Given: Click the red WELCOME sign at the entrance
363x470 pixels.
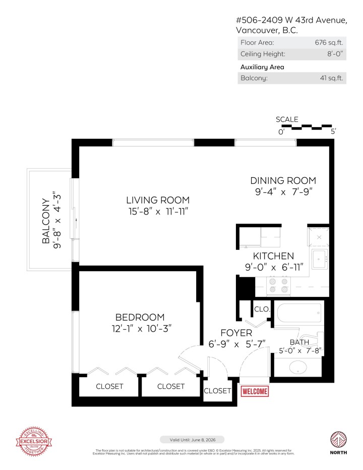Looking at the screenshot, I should pos(255,391).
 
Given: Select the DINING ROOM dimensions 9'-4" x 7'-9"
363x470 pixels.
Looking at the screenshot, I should pos(283,192).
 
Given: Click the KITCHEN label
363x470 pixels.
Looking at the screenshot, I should pos(273,256).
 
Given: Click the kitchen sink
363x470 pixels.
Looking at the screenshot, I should pos(319,259).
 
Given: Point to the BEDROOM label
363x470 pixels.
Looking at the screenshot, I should pos(140,317).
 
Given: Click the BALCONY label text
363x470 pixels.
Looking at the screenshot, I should pos(47,218).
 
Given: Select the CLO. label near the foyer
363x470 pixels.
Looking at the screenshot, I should pos(262,309).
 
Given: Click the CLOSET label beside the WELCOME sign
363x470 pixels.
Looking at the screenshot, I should pos(217,391).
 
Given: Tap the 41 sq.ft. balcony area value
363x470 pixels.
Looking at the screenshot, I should pos(331,78).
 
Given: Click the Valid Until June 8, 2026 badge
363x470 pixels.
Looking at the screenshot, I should pos(192,440).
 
